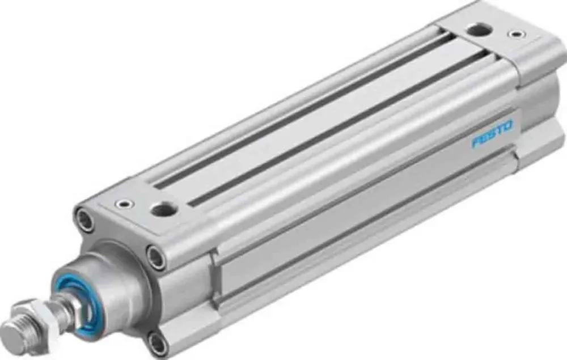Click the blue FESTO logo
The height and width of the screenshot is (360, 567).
tap(492, 133)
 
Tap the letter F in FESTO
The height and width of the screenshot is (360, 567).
tap(476, 142)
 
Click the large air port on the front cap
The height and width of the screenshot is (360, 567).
tap(164, 210)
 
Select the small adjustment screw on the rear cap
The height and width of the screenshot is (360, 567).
tap(515, 35)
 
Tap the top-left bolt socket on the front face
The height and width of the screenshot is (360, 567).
tap(85, 220)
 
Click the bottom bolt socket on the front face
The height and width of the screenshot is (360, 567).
tap(157, 342)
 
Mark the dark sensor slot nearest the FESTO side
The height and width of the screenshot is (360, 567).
tap(340, 128)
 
